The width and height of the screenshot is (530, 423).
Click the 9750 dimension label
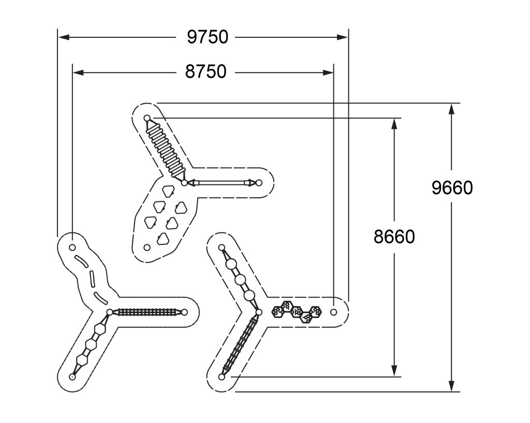pyautogui.click(x=208, y=37)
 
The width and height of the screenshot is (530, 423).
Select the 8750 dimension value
pyautogui.click(x=205, y=71)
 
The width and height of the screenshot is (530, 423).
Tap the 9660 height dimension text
pyautogui.click(x=452, y=187)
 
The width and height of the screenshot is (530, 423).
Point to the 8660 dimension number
pyautogui.click(x=394, y=237)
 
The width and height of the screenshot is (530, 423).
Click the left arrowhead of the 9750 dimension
pyautogui.click(x=64, y=37)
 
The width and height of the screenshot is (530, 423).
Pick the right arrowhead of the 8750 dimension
pyautogui.click(x=328, y=72)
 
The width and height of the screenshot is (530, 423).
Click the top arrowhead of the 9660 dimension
pyautogui.click(x=451, y=109)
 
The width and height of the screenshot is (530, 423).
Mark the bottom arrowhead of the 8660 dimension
pyautogui.click(x=394, y=371)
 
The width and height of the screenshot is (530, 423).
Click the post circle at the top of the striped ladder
pyautogui.click(x=147, y=118)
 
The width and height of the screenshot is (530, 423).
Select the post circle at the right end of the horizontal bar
pyautogui.click(x=259, y=183)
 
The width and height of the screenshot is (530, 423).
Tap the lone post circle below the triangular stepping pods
pyautogui.click(x=147, y=247)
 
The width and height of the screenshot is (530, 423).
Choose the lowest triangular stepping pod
pyautogui.click(x=163, y=239)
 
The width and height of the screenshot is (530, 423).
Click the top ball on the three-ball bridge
pyautogui.click(x=231, y=264)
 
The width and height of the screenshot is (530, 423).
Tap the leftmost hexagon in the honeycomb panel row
pyautogui.click(x=277, y=311)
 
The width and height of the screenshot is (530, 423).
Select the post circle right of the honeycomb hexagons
pyautogui.click(x=334, y=312)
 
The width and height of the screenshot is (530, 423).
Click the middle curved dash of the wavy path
pyautogui.click(x=92, y=279)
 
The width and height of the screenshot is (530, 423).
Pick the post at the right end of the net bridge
pyautogui.click(x=184, y=312)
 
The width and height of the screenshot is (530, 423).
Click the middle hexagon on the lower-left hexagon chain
pyautogui.click(x=91, y=344)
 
